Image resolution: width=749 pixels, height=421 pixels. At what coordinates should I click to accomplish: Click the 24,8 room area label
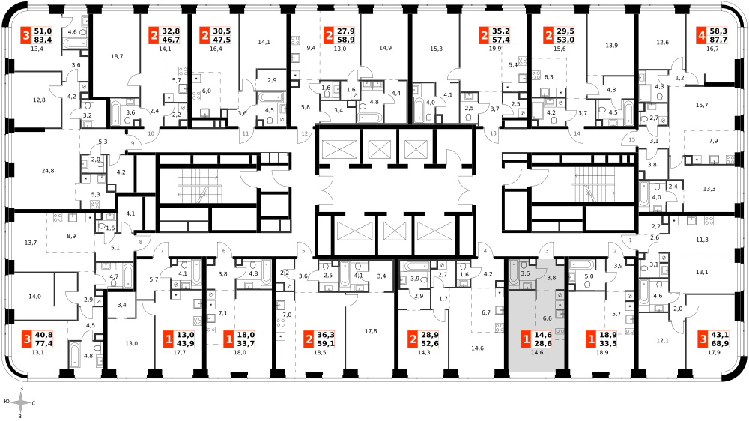click(x=48, y=171)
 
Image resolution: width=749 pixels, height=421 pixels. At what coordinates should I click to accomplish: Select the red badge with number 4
click(x=702, y=36)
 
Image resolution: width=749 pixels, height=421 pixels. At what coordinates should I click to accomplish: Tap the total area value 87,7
click(x=718, y=40)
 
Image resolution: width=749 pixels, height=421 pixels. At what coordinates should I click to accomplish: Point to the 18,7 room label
click(x=117, y=56)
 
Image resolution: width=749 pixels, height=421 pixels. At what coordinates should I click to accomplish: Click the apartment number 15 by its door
click(x=632, y=139)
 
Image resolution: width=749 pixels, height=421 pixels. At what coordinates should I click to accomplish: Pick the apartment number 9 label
click(x=133, y=143)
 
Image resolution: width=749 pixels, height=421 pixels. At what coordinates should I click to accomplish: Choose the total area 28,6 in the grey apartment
click(x=543, y=344)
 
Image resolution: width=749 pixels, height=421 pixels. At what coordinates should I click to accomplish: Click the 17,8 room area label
click(x=371, y=330)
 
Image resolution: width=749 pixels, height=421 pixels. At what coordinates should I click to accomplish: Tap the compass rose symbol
click(x=20, y=403)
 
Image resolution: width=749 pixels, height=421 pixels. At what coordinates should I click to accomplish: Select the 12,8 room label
click(x=40, y=100)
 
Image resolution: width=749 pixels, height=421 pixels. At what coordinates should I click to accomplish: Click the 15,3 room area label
click(x=436, y=49)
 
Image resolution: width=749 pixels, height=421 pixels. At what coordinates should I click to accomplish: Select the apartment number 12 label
click(x=305, y=134)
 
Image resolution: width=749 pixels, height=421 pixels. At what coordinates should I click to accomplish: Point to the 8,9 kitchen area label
click(x=71, y=236)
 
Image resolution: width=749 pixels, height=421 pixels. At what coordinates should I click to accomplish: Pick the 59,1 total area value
click(x=327, y=344)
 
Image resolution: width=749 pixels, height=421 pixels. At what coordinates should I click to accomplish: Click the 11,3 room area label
click(x=702, y=240)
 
